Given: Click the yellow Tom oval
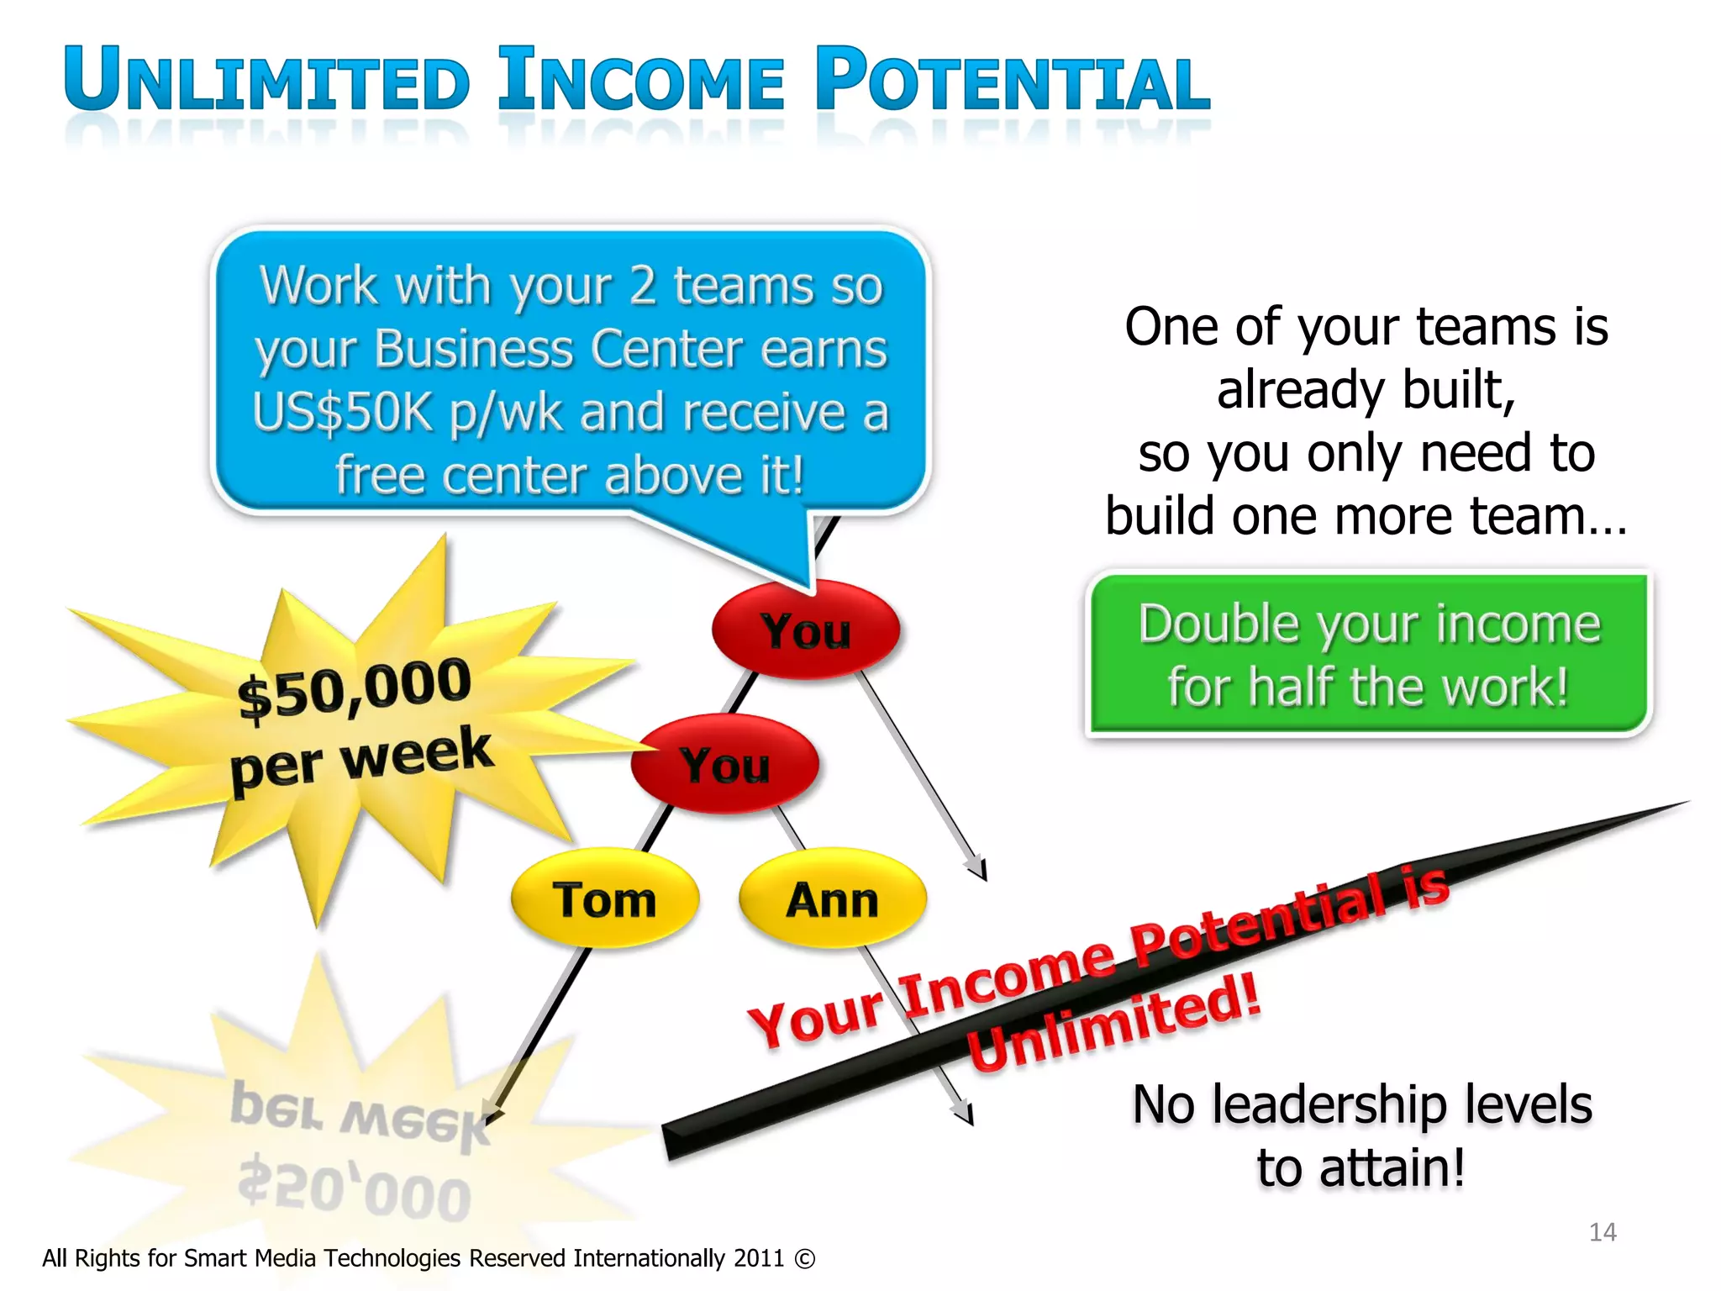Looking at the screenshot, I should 604,898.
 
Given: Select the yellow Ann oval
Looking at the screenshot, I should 832,898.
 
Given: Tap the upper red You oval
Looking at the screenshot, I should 805,630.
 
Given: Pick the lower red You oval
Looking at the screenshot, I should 724,764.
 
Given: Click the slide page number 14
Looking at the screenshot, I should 1603,1232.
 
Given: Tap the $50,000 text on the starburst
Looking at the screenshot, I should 354,688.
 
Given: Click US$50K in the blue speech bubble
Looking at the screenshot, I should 342,413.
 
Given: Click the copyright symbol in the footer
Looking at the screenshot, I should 804,1258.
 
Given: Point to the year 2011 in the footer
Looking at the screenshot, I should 759,1258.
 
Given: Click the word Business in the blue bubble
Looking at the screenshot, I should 475,349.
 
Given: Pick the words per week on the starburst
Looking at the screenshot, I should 361,759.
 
